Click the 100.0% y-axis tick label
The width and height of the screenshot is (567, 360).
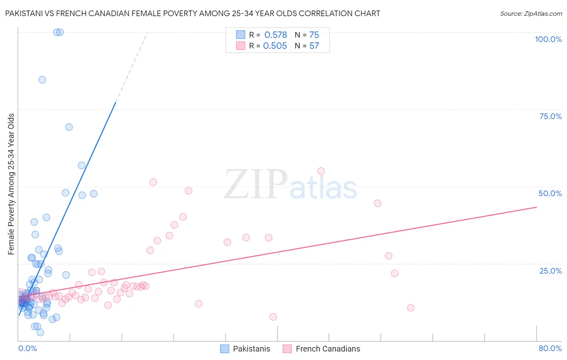coord(548,39)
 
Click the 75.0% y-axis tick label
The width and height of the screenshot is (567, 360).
coord(550,116)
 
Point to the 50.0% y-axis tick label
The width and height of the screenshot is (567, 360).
coord(550,193)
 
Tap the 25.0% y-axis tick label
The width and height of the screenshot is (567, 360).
coord(550,271)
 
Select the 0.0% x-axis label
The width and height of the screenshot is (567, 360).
coord(27,348)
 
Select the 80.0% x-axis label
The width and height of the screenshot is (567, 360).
coord(550,348)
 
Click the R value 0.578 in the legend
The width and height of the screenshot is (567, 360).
coord(275,35)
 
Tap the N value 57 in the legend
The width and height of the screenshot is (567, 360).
coord(314,46)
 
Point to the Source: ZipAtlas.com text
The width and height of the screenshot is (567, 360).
coord(531,14)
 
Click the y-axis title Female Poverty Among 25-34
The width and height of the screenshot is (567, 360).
coord(11,184)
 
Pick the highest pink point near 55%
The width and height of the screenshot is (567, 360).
coord(321,171)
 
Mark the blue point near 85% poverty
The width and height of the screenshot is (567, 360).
coord(42,80)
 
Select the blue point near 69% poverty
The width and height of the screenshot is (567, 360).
coord(69,127)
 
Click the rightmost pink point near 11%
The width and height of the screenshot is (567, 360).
coord(411,308)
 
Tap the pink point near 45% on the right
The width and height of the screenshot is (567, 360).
coord(377,203)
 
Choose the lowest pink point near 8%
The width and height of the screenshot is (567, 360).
coord(273,317)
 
